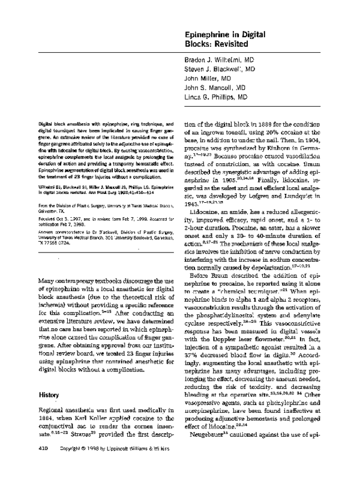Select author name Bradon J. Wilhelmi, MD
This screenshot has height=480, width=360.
[218, 61]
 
